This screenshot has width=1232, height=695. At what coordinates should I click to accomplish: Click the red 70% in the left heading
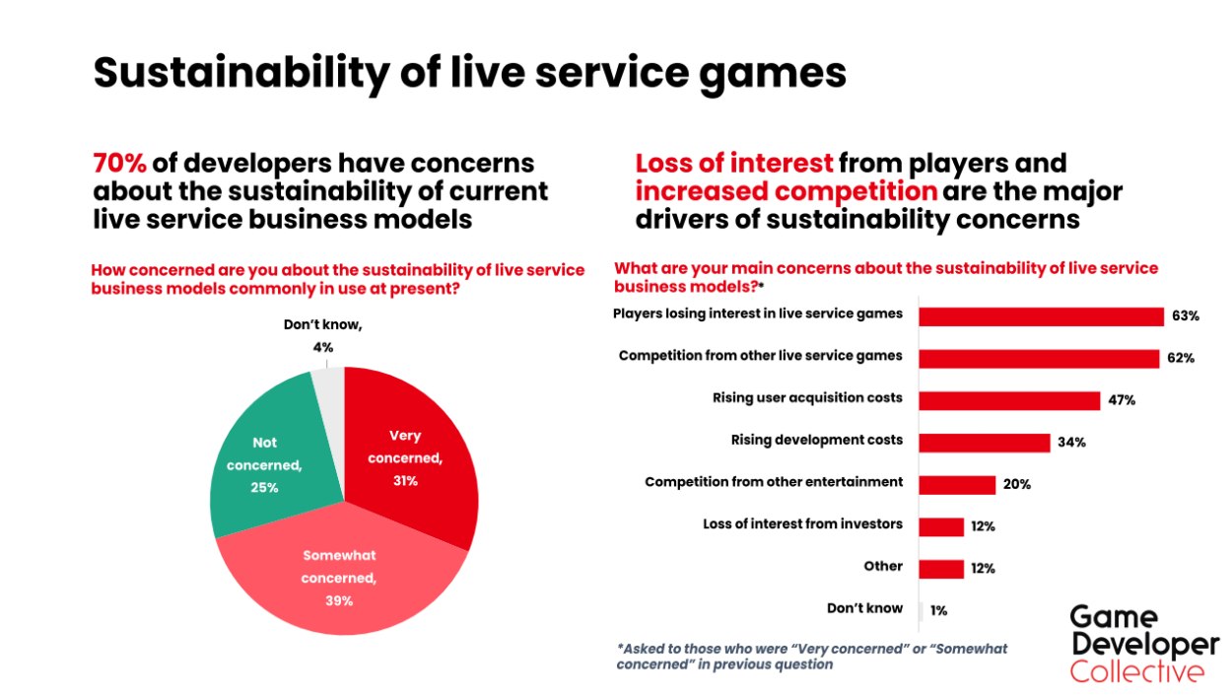[118, 163]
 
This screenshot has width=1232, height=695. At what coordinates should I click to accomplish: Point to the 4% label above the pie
[323, 347]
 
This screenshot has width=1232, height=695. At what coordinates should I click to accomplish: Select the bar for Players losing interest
[1041, 315]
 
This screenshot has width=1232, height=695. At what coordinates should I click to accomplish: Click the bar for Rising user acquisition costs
[1009, 400]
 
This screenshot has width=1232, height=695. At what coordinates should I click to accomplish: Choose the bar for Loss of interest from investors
[941, 526]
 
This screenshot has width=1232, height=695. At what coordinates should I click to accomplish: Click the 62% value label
[1181, 358]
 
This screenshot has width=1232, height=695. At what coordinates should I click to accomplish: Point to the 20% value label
[1017, 484]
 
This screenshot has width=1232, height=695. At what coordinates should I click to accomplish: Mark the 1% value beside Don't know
[938, 611]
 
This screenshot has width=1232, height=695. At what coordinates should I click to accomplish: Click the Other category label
[883, 567]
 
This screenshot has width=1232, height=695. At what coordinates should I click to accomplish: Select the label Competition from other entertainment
[774, 482]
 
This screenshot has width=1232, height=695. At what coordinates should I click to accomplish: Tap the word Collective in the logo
[1136, 672]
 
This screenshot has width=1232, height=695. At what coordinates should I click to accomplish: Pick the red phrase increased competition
[786, 191]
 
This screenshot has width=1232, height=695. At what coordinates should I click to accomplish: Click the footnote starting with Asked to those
[812, 657]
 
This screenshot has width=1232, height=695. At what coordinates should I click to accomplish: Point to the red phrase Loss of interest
[734, 163]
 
